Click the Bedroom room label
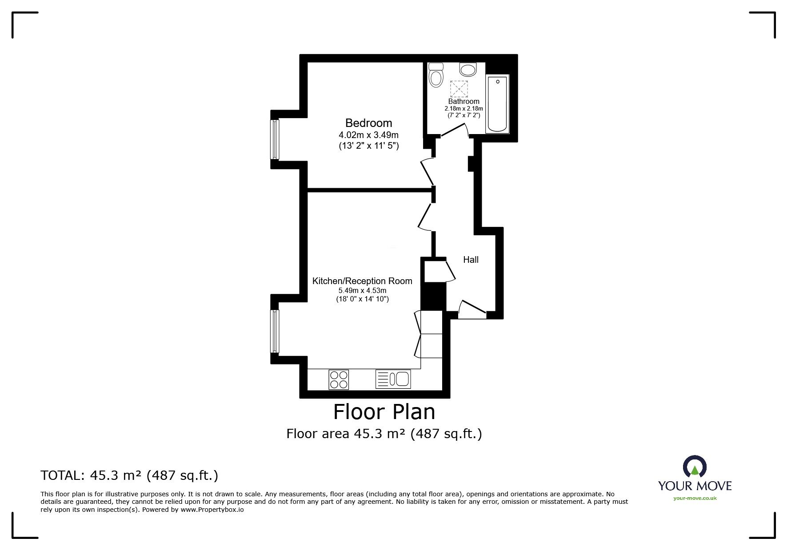click(368, 123)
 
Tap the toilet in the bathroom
click(436, 75)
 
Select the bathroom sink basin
click(467, 69)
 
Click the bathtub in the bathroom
click(498, 104)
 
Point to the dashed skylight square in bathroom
click(459, 88)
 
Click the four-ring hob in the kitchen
click(339, 380)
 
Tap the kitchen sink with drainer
click(393, 380)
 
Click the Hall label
click(471, 260)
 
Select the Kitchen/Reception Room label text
click(362, 281)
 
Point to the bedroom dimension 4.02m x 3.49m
click(368, 135)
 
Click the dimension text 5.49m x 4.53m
click(362, 291)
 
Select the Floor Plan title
click(384, 412)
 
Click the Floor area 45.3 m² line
click(384, 433)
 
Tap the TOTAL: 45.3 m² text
click(129, 475)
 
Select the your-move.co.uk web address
click(695, 498)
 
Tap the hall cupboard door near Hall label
click(450, 270)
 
